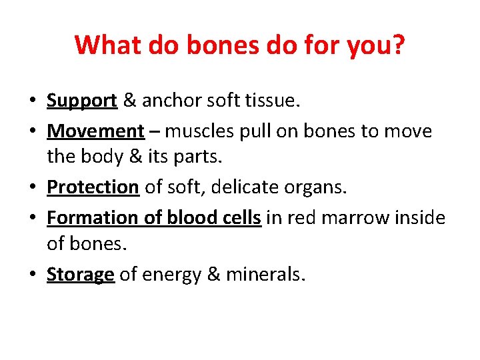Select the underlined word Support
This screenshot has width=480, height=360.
point(82,101)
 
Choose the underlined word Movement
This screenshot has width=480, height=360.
point(95,131)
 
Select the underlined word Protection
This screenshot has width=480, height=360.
point(93,187)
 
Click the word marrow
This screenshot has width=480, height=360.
point(353,217)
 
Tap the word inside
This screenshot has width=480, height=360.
point(420,217)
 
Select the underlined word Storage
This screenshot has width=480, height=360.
point(81,275)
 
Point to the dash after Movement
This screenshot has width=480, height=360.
point(155,131)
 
